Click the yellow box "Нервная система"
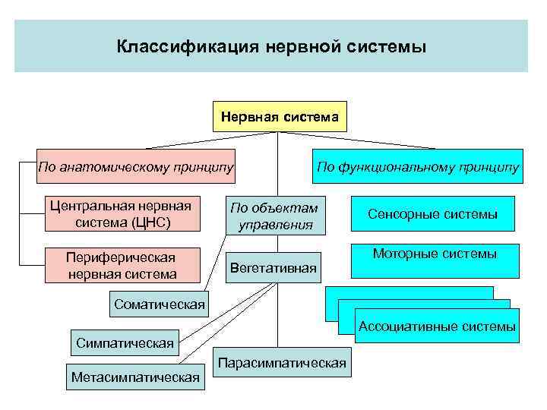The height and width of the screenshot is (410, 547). (x=280, y=117)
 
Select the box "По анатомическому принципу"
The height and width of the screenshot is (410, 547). (x=136, y=166)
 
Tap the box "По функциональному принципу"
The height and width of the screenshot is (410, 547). (x=418, y=166)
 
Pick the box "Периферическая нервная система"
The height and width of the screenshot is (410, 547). (x=122, y=265)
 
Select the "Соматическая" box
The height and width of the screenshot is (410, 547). (x=159, y=305)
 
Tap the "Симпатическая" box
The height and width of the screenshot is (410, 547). (x=125, y=343)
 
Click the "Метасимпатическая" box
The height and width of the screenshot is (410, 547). (x=135, y=377)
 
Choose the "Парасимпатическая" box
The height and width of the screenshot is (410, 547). (x=282, y=363)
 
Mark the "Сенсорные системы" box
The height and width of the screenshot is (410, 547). (x=432, y=215)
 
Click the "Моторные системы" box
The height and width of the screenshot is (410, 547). (x=435, y=255)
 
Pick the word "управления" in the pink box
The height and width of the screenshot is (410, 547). (x=275, y=225)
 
